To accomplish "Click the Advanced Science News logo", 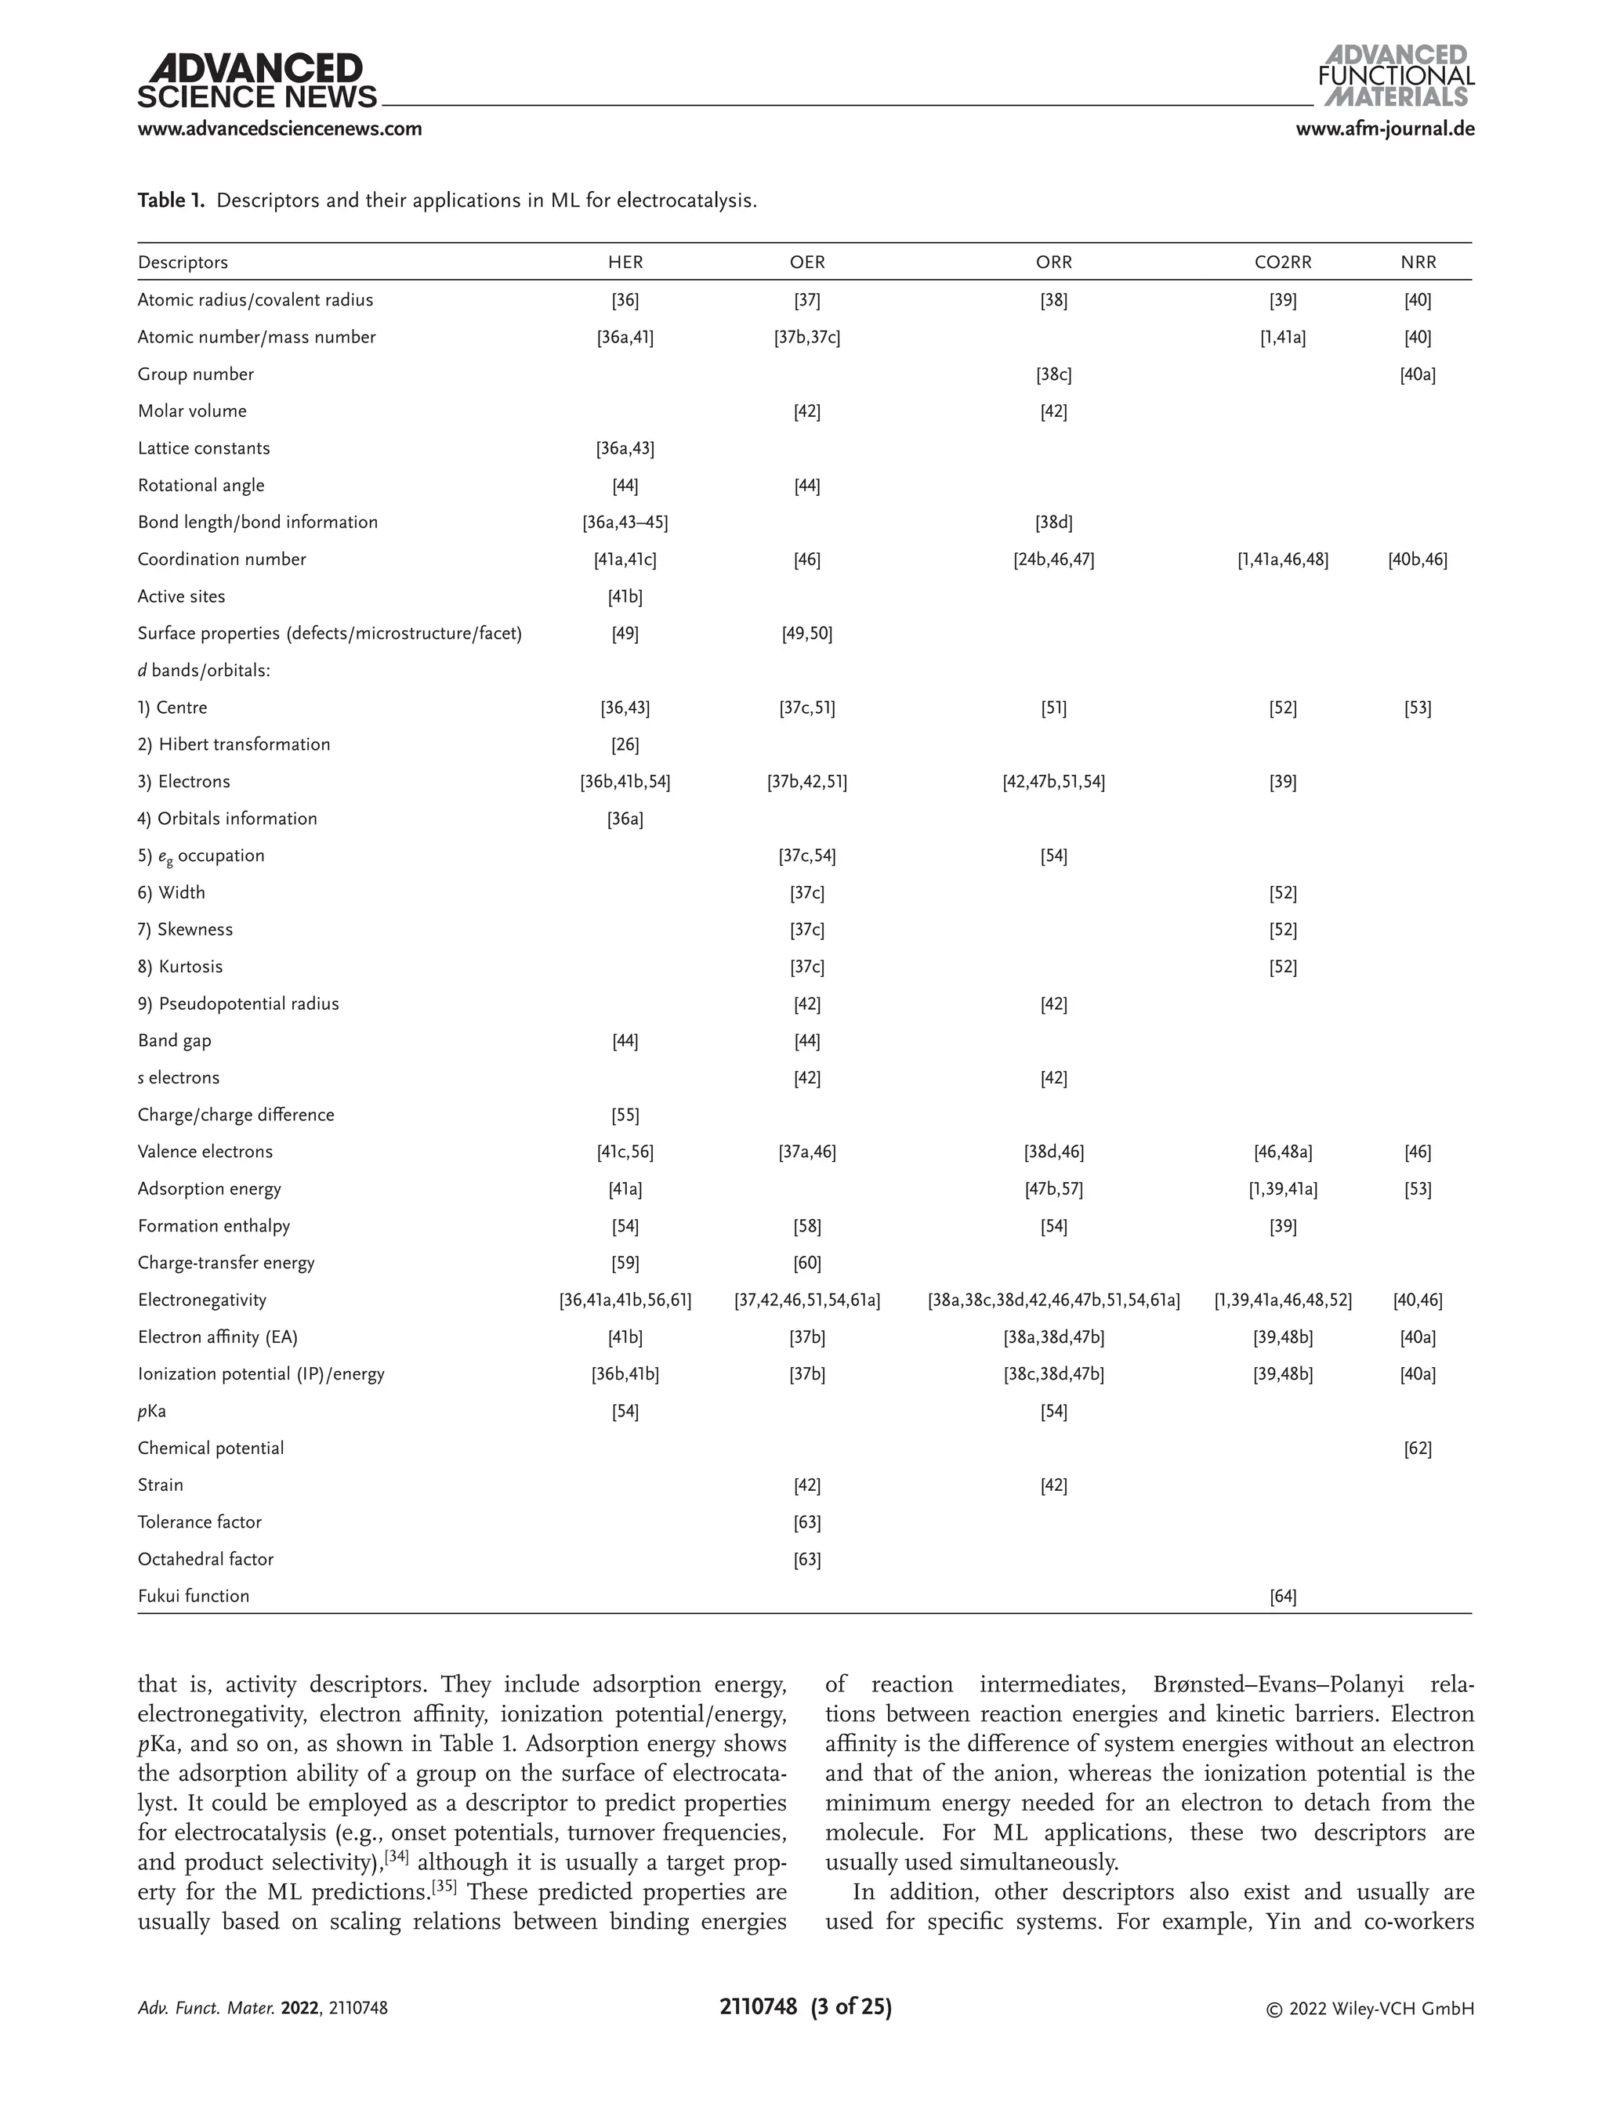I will point(256,82).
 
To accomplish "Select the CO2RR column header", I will point(1282,262).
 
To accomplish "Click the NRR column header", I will point(1418,262).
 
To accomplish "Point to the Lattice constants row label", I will point(204,448).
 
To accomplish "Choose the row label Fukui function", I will point(193,1596).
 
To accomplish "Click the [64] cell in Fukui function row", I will point(1282,1596).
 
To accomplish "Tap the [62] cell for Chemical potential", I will point(1418,1448).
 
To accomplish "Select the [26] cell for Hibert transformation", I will point(625,744).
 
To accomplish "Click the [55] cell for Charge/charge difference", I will point(625,1115).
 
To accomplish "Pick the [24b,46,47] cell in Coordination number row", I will point(1054,559).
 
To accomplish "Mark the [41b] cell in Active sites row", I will point(625,597).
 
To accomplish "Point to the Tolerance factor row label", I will point(199,1521).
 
